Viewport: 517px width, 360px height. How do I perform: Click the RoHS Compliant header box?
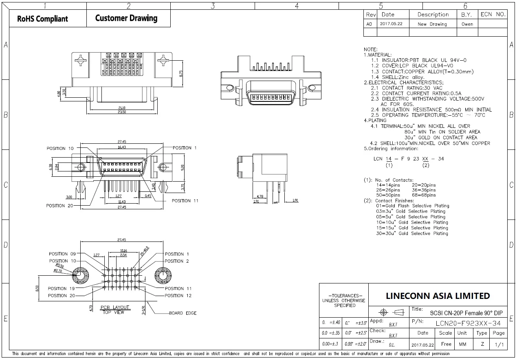click(43, 19)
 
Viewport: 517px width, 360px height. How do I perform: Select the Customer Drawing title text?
click(126, 18)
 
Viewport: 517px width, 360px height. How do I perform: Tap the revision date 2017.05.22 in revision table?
click(391, 24)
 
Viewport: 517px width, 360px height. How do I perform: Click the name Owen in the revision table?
click(467, 24)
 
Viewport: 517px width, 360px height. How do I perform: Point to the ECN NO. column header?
click(493, 14)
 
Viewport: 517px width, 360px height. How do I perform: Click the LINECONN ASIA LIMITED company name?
click(438, 296)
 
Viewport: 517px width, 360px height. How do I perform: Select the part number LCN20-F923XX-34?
click(468, 323)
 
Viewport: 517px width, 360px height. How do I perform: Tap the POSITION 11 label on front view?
click(185, 201)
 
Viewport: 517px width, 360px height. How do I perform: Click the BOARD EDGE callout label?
click(183, 313)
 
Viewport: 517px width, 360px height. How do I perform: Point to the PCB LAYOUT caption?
click(115, 307)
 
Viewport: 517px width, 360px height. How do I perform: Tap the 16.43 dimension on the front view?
click(123, 147)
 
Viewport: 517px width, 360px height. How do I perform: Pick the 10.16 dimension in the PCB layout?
click(123, 251)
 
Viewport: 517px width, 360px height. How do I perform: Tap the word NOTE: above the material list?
click(370, 49)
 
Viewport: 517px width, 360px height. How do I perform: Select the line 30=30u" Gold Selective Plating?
click(411, 233)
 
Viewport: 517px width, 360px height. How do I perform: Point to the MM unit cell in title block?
click(462, 344)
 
